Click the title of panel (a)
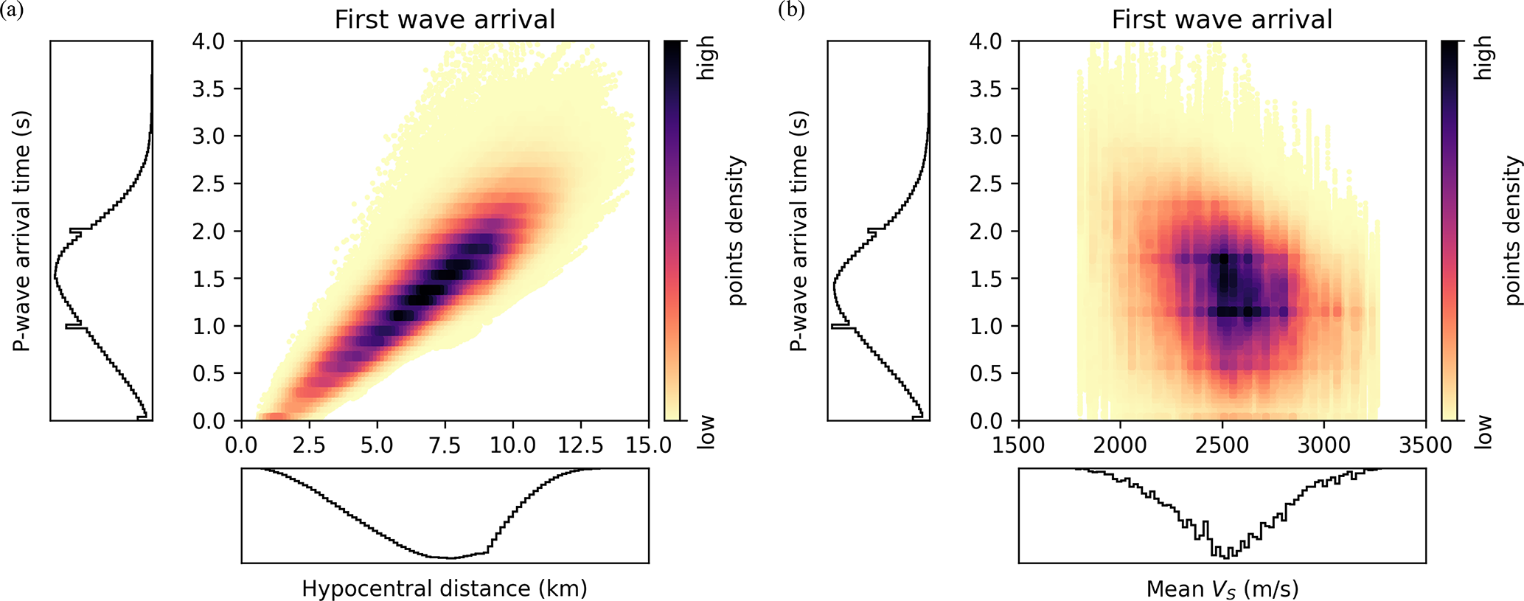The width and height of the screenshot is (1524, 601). click(x=445, y=20)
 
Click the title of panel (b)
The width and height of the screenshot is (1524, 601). click(x=1222, y=20)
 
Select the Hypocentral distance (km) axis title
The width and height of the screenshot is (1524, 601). click(x=445, y=588)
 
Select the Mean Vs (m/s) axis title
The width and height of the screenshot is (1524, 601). click(x=1222, y=588)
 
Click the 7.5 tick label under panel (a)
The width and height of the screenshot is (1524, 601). click(x=445, y=445)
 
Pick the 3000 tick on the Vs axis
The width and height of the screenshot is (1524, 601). click(x=1323, y=445)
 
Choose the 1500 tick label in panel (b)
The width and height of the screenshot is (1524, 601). click(x=1018, y=445)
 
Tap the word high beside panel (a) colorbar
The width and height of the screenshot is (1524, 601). click(x=706, y=58)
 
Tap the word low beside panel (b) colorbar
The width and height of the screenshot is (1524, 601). click(x=1483, y=431)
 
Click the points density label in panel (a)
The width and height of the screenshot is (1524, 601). click(x=736, y=230)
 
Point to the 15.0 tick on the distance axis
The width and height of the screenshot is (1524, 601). click(x=647, y=445)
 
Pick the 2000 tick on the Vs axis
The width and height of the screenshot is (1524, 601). click(x=1120, y=445)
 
